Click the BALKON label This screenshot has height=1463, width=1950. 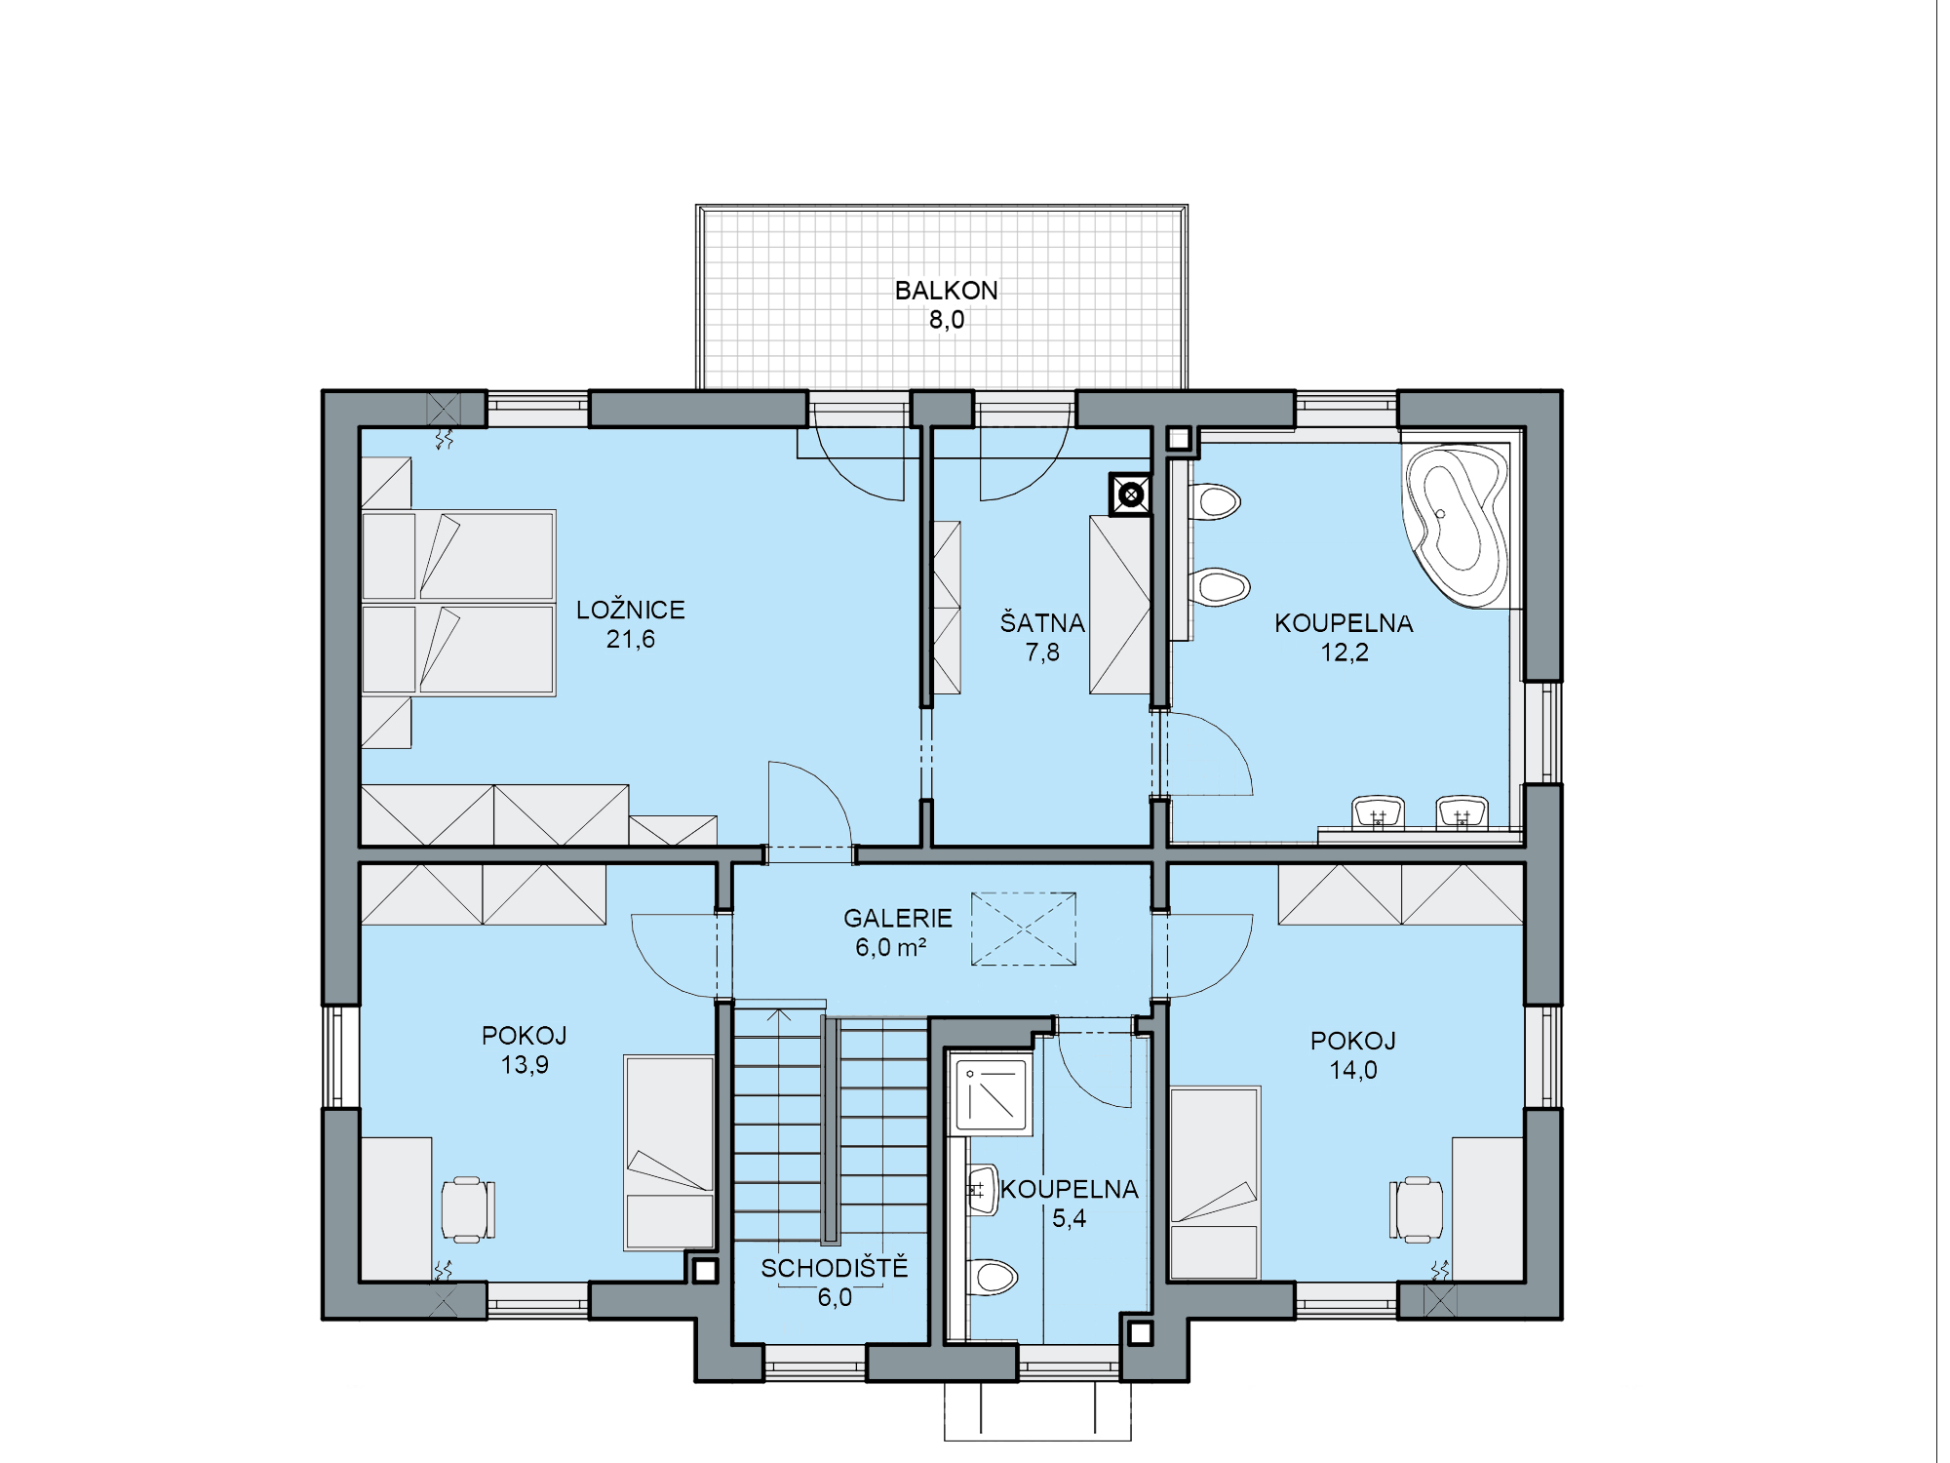[x=946, y=291]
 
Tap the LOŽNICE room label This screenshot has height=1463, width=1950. [x=631, y=610]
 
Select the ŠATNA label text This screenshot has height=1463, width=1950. [x=1042, y=622]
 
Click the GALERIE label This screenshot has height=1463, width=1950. [x=897, y=918]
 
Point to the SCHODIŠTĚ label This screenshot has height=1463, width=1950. [x=834, y=1267]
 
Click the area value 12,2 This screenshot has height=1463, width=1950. [x=1345, y=652]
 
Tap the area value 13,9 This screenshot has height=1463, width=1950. [x=525, y=1065]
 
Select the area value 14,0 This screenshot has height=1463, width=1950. [x=1353, y=1070]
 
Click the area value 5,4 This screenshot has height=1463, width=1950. [x=1069, y=1218]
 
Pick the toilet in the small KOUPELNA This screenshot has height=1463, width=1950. [x=992, y=1276]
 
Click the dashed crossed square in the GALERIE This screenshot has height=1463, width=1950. [x=1024, y=929]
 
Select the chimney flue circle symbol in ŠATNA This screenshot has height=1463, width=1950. [x=1131, y=494]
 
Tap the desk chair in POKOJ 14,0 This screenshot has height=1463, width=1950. [x=1416, y=1209]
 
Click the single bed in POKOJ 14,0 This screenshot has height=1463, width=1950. [x=1215, y=1182]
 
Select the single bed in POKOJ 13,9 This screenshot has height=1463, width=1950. [x=670, y=1152]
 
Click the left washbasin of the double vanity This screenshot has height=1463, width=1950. [x=1378, y=812]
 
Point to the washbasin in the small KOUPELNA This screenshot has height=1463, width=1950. [x=983, y=1190]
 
